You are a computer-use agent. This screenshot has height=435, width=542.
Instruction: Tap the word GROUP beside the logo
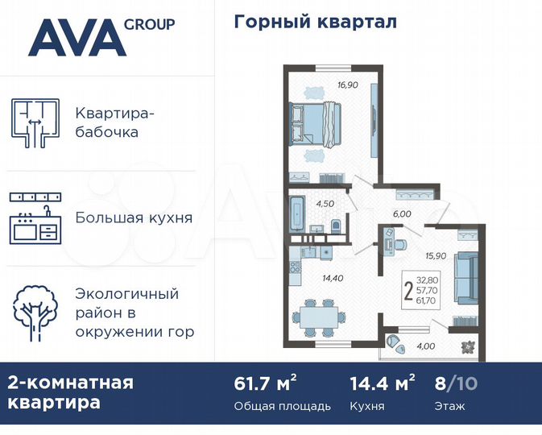coord(149,24)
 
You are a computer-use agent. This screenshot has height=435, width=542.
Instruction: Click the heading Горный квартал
coord(315,22)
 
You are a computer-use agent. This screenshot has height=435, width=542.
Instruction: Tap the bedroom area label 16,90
coord(347,84)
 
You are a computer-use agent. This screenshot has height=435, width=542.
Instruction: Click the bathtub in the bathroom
coord(296,211)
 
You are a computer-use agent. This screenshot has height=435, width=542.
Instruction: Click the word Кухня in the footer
coord(366,406)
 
